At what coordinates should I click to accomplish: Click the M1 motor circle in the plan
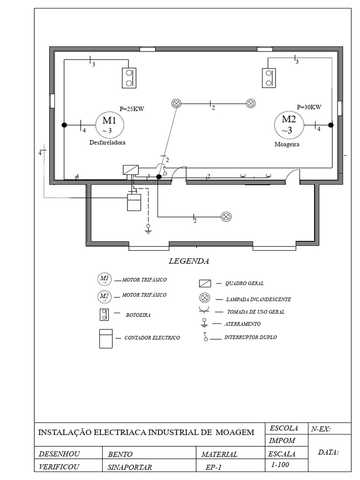(110, 125)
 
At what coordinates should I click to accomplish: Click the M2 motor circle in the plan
(289, 124)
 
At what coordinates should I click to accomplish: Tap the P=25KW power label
(132, 109)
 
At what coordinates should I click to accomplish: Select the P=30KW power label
(309, 106)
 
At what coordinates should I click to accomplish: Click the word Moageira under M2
(287, 145)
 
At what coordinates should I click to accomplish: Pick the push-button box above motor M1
(129, 78)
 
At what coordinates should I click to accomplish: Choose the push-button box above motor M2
(269, 77)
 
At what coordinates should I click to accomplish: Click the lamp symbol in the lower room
(226, 217)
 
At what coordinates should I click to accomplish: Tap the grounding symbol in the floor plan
(148, 229)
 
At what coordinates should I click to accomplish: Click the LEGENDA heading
(188, 261)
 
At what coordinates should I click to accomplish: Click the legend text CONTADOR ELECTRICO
(152, 337)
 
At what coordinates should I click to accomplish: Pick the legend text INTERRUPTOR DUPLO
(250, 337)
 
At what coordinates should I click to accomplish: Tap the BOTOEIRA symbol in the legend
(104, 315)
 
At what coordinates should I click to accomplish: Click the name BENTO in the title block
(120, 454)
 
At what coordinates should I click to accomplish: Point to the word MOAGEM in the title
(235, 432)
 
